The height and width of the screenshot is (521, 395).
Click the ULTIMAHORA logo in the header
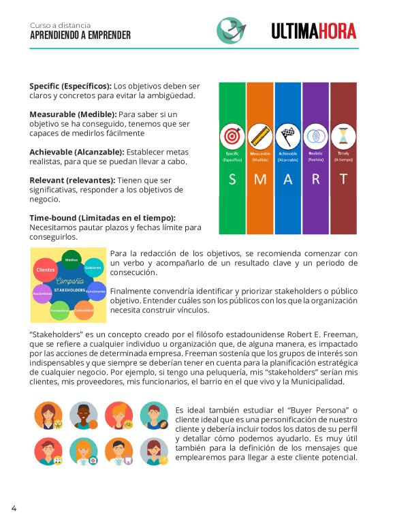click(x=313, y=31)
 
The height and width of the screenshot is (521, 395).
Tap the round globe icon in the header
click(x=231, y=30)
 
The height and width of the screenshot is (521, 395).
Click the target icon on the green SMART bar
click(x=232, y=136)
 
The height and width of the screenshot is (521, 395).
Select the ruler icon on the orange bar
click(x=259, y=136)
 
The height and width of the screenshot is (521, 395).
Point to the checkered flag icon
click(x=287, y=136)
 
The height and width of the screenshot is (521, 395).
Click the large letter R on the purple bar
click(x=315, y=180)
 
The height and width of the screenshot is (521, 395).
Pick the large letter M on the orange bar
click(x=259, y=180)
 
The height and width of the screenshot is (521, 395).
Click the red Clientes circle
click(x=45, y=270)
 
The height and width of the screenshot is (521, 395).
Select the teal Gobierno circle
click(x=94, y=268)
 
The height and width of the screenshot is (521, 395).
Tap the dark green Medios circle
click(x=71, y=260)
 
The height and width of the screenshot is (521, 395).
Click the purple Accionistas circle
click(x=42, y=294)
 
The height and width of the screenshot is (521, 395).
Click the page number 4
click(x=14, y=507)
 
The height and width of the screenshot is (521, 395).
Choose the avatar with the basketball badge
click(x=83, y=414)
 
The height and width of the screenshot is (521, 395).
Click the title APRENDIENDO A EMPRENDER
click(x=80, y=35)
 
